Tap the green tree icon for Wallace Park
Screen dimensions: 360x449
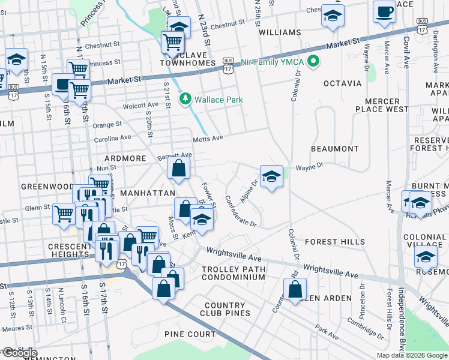click(x=186, y=98)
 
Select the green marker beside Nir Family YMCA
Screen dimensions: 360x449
click(x=313, y=62)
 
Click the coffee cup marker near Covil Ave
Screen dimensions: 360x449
click(x=384, y=12)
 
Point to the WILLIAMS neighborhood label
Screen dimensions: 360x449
click(x=280, y=32)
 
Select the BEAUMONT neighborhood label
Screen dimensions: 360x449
click(x=334, y=148)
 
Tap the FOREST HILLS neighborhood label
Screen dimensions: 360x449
click(x=334, y=242)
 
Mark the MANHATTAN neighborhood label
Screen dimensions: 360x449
click(x=147, y=193)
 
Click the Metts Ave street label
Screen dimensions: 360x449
click(x=208, y=138)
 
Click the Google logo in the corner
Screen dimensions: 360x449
click(x=19, y=353)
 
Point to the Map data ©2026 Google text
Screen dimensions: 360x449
click(x=411, y=355)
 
